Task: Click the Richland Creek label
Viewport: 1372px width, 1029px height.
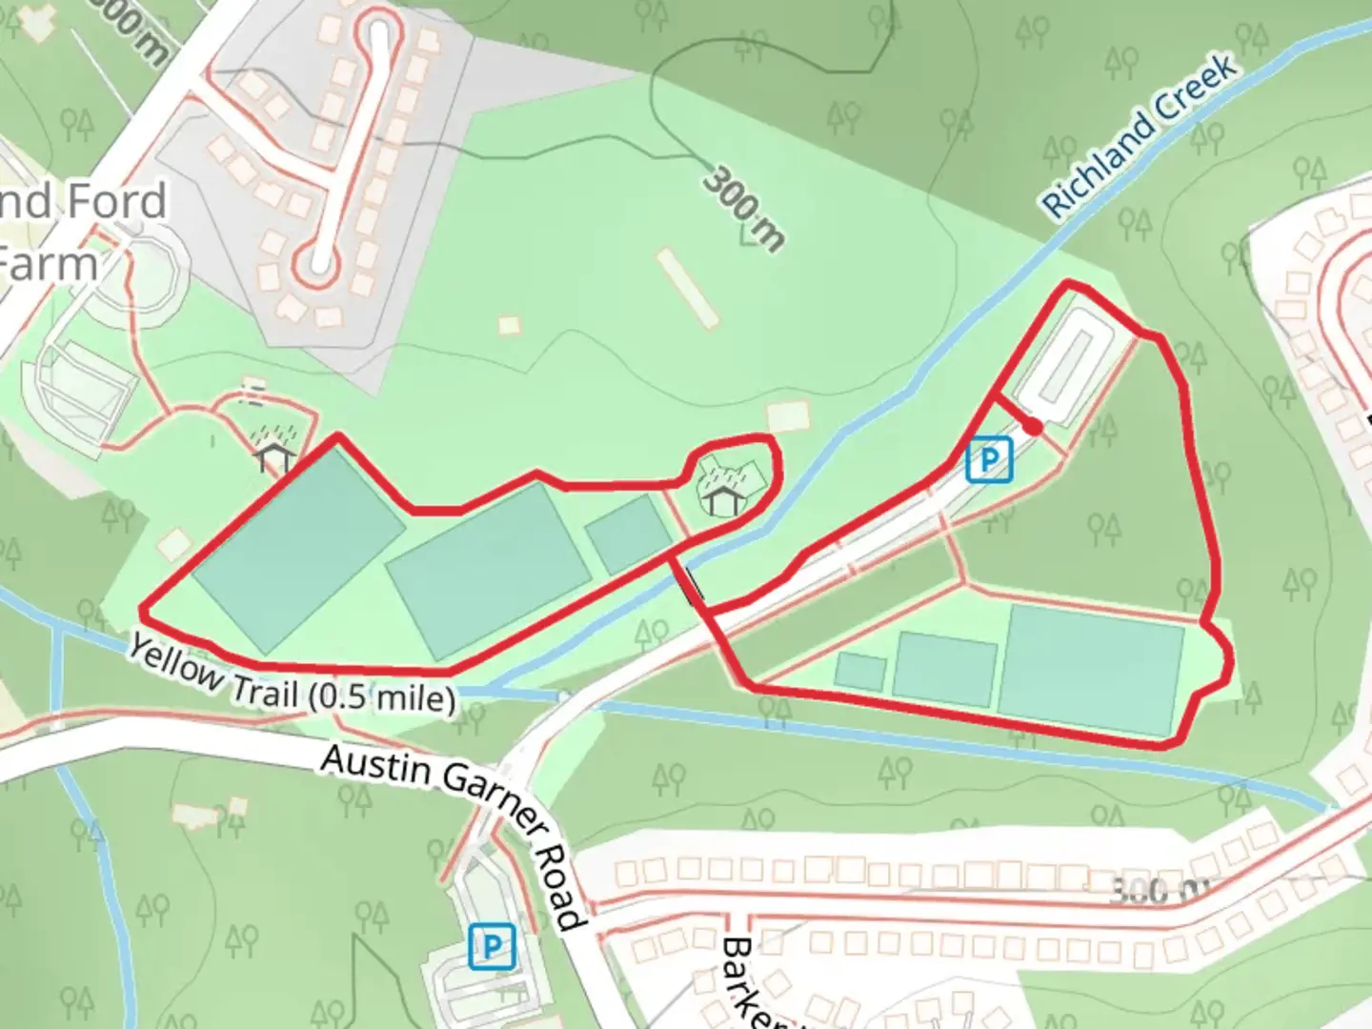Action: [x=1140, y=134]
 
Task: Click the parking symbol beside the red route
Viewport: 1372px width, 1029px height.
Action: [x=989, y=461]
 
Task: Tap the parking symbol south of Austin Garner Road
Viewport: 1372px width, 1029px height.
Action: [x=492, y=947]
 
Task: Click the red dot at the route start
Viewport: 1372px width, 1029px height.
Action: [x=1033, y=429]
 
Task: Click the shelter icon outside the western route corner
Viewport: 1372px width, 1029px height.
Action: [x=274, y=455]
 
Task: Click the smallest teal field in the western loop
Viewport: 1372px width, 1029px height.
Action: [x=628, y=535]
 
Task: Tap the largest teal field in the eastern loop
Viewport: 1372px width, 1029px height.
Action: [x=1092, y=669]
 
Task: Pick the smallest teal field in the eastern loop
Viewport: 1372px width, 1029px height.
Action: [x=859, y=671]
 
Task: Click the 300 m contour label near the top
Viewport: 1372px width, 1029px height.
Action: [x=744, y=208]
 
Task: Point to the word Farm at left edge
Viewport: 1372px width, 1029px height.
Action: [x=50, y=264]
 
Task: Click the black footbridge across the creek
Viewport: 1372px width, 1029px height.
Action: [x=693, y=582]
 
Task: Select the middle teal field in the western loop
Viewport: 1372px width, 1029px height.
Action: [x=489, y=570]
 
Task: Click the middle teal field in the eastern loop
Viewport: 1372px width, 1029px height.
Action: [x=944, y=669]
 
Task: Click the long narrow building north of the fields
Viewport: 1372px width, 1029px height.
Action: [x=687, y=288]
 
